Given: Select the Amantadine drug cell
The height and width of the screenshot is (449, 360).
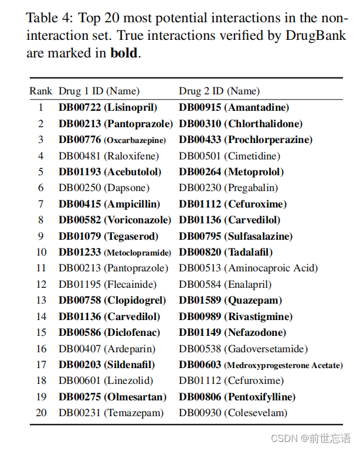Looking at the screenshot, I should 233,108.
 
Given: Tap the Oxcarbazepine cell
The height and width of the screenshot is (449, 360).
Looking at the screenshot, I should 112,140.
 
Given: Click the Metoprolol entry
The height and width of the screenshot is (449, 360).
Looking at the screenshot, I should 231,172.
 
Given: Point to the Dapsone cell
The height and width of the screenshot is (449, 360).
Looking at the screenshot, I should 104,188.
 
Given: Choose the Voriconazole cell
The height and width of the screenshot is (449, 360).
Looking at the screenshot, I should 114,220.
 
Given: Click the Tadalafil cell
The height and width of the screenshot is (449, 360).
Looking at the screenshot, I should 226,253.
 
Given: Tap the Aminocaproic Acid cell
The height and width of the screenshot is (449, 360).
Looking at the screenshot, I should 248,268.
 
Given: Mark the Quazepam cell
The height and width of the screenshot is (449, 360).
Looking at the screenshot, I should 230,301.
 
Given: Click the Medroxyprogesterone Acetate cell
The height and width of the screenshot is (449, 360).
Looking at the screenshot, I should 260,365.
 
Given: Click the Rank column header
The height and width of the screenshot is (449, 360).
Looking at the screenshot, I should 41,91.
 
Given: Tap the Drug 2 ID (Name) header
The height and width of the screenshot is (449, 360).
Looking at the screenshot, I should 219,91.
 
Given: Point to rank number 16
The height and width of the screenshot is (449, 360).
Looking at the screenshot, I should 41,349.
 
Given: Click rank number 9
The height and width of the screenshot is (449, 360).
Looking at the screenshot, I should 41,236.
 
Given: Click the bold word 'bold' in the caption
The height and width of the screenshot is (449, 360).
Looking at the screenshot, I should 124,53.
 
